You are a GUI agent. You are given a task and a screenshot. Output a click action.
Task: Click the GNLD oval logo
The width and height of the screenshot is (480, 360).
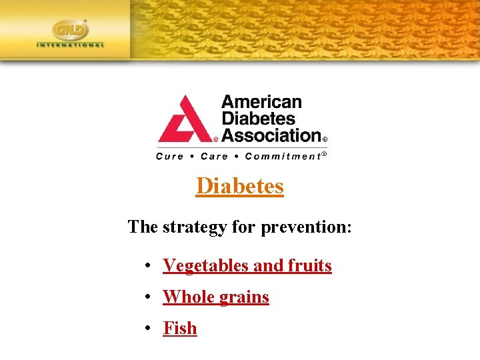(x=70, y=30)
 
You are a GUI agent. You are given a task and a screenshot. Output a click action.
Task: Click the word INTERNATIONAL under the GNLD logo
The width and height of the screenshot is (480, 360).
(x=70, y=45)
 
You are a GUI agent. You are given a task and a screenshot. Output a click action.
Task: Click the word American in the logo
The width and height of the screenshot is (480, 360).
(x=261, y=102)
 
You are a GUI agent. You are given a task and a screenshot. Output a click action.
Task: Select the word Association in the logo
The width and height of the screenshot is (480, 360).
(x=271, y=135)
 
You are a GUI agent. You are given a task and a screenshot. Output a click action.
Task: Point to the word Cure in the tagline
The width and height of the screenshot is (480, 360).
(x=169, y=157)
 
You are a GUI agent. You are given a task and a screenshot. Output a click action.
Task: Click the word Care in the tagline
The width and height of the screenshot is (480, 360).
(x=214, y=157)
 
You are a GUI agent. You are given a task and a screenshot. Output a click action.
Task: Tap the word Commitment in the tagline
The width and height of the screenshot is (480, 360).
(x=283, y=157)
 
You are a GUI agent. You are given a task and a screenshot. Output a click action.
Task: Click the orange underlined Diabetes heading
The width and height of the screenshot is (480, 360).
(x=240, y=186)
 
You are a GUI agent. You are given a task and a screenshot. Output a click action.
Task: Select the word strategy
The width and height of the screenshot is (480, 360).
(x=195, y=227)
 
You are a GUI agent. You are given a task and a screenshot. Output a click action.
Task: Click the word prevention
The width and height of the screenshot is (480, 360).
(x=306, y=227)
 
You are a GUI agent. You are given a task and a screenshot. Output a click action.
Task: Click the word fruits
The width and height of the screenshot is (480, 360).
(x=309, y=265)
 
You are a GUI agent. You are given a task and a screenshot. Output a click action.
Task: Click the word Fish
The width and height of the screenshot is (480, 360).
(x=180, y=328)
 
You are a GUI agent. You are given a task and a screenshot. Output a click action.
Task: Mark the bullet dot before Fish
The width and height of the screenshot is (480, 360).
(x=147, y=329)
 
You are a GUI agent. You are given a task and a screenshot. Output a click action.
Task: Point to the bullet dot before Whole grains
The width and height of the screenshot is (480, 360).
(x=147, y=297)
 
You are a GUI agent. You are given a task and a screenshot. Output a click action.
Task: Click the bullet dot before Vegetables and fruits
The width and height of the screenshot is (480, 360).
(x=147, y=266)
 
